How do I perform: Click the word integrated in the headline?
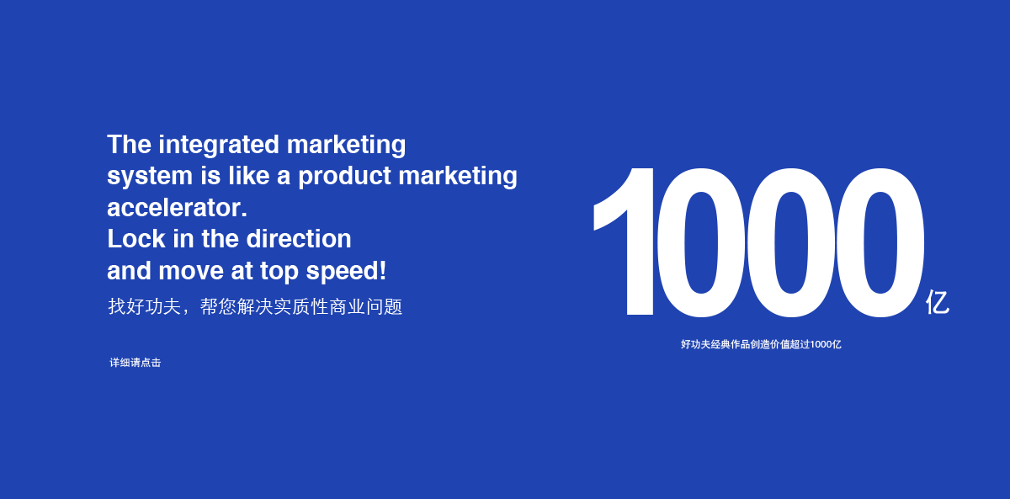(219, 146)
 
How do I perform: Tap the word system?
(150, 176)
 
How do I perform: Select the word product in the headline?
(344, 176)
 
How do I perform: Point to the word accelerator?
(178, 208)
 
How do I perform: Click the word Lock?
(136, 238)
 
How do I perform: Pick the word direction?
(299, 238)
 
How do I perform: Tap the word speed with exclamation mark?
(346, 271)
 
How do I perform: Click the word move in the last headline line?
(191, 271)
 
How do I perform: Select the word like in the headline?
(248, 175)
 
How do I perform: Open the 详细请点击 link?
(136, 363)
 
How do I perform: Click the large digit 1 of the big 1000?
(624, 242)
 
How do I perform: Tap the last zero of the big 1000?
(881, 242)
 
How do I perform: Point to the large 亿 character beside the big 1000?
(938, 302)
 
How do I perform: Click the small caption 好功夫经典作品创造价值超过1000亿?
(761, 344)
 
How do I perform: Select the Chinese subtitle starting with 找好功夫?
(255, 306)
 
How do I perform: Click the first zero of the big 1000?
(700, 242)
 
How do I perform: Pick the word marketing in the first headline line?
(346, 146)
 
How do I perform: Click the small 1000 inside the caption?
(821, 344)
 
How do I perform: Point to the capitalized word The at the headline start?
(129, 145)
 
